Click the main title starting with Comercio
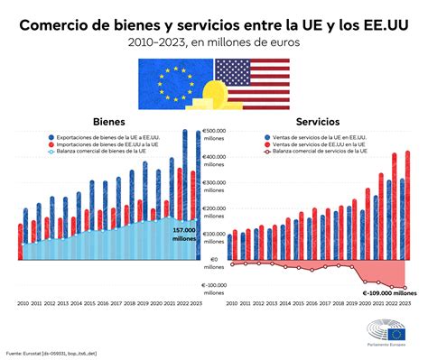point(214,23)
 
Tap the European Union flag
point(176,81)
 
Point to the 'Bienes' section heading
point(109,121)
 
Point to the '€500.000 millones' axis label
point(214,134)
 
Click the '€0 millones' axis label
point(214,263)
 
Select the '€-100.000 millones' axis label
point(214,289)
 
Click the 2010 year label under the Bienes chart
point(23,304)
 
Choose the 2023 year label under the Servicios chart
point(405,304)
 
